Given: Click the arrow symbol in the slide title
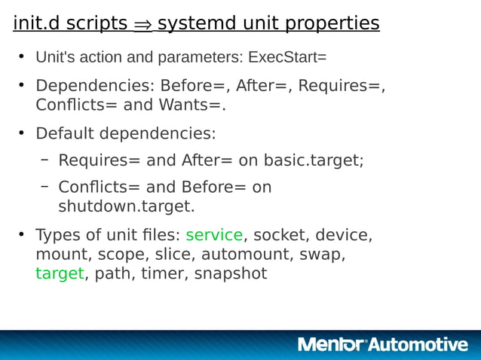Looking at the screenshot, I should point(142,25).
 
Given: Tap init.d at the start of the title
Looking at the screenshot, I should point(37,24).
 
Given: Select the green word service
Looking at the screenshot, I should point(214,234).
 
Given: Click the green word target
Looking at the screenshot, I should point(60,273).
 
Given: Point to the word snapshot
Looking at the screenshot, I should point(231,273).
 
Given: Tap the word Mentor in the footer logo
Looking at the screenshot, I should point(331,345).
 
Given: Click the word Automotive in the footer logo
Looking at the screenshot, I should point(419,345).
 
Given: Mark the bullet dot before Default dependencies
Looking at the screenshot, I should point(22,133).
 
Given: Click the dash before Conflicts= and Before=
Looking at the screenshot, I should point(45,186).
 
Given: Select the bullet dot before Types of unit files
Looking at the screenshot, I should point(22,234).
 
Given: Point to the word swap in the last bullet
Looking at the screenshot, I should point(322,254).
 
